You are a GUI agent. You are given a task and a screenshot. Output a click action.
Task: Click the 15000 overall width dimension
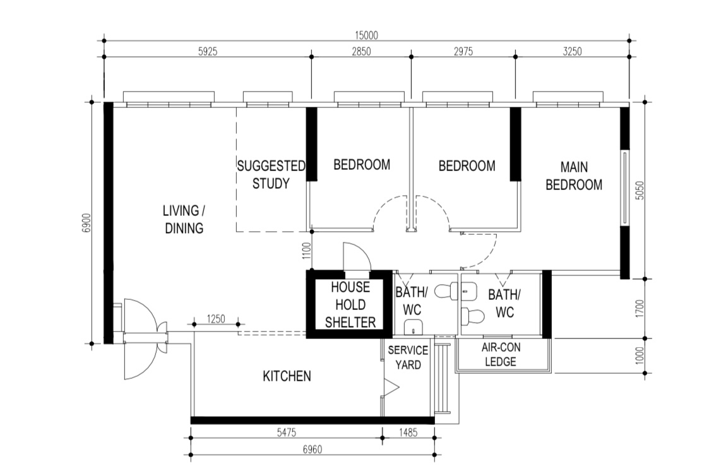(366, 37)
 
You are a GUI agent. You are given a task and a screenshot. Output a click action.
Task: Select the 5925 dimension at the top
(207, 52)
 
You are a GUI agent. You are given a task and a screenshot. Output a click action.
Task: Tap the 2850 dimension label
(360, 52)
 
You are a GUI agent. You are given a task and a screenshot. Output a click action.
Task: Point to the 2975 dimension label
(463, 52)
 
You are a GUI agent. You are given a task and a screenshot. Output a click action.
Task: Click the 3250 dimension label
(571, 52)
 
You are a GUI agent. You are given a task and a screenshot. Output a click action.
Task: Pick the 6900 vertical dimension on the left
(87, 223)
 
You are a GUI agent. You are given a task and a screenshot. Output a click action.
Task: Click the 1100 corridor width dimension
(303, 252)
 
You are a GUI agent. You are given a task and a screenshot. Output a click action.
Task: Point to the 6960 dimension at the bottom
(312, 450)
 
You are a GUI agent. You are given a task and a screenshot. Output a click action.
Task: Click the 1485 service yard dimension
(408, 432)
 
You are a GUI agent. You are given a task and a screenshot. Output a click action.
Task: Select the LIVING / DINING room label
(184, 219)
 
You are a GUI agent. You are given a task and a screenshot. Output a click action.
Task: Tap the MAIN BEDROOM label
(574, 176)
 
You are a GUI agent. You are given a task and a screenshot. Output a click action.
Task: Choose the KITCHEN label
(287, 376)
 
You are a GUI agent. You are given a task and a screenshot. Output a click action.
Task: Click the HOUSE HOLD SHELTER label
(350, 305)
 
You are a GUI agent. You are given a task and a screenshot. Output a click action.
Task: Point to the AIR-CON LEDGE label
(499, 355)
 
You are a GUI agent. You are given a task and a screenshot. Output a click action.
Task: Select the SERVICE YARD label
(408, 357)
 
